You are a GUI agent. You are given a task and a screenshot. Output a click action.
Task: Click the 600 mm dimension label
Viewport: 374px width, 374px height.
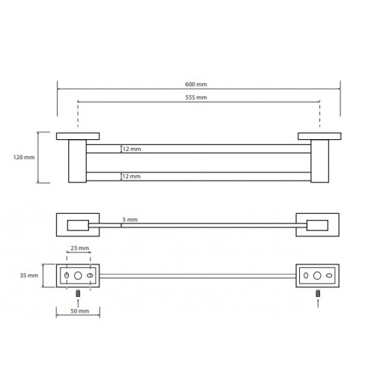[x=196, y=85]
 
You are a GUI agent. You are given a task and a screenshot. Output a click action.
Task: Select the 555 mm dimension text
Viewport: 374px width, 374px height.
[x=196, y=97]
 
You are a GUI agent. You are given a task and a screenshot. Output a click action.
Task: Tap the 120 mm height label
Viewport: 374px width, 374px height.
[x=24, y=157]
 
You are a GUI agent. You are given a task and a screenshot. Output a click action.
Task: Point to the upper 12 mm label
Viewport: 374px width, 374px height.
[x=132, y=149]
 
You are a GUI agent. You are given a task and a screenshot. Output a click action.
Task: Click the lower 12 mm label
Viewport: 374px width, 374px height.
[x=132, y=177]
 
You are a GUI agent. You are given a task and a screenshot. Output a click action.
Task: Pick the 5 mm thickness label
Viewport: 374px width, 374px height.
[x=130, y=220]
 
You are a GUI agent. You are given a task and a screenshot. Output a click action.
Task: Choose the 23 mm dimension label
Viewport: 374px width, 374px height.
[x=80, y=248]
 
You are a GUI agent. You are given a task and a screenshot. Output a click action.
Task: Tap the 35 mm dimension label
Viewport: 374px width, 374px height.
[x=29, y=275]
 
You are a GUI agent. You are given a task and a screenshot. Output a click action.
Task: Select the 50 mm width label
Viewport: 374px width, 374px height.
[x=80, y=311]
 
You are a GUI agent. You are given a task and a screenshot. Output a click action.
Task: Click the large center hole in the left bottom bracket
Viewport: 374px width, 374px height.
[x=78, y=275]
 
